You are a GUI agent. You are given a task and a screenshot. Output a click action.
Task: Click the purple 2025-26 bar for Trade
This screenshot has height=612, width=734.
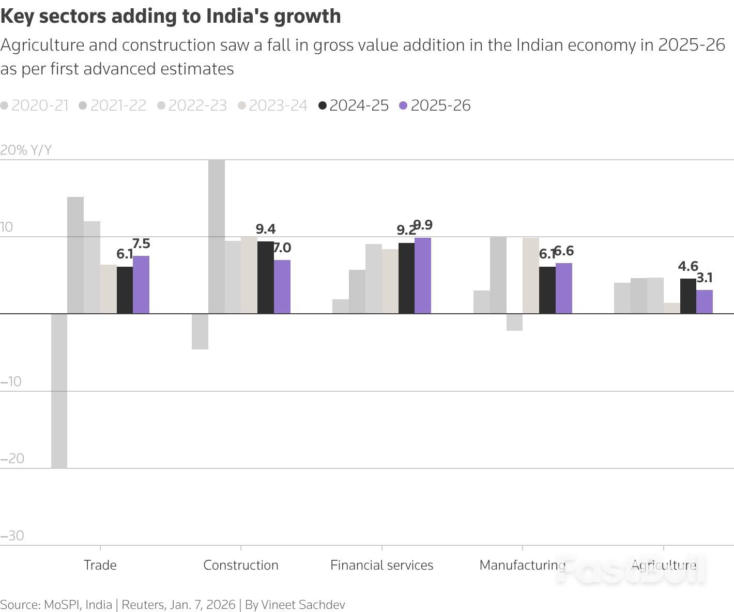click(x=141, y=285)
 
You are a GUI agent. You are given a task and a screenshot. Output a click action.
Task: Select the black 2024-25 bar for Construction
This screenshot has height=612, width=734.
click(x=266, y=278)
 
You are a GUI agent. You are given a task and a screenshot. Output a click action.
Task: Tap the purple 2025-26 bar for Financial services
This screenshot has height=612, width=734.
click(x=423, y=276)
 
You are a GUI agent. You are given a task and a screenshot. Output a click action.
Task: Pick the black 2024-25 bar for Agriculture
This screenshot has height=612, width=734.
click(x=688, y=296)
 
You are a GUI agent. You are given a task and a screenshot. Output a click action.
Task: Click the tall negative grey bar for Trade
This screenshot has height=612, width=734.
click(x=59, y=391)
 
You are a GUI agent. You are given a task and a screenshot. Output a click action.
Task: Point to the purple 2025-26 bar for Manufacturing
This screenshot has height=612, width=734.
click(x=564, y=288)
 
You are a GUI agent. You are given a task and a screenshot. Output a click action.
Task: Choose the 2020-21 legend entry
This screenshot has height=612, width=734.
click(x=35, y=105)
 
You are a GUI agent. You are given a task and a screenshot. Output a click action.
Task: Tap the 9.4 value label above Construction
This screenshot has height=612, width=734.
click(x=266, y=229)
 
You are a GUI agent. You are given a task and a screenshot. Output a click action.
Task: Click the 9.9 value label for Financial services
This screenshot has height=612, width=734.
click(x=423, y=225)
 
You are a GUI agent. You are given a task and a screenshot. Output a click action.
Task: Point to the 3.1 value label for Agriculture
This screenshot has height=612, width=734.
click(x=705, y=278)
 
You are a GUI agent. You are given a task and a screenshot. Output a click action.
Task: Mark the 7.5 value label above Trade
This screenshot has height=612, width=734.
click(x=141, y=243)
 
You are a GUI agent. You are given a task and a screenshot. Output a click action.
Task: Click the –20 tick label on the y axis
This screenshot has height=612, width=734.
click(x=12, y=458)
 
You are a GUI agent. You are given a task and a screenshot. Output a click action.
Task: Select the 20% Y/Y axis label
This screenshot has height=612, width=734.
click(x=26, y=150)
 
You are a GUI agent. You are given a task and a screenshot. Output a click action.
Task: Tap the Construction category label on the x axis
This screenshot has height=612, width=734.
click(x=241, y=565)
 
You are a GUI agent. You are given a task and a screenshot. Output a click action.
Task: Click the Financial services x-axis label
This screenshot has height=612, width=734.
click(x=381, y=565)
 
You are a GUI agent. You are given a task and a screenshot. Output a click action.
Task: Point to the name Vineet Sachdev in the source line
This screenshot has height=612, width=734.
click(x=303, y=605)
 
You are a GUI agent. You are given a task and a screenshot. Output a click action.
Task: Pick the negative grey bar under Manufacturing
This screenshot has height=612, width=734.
click(x=514, y=322)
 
